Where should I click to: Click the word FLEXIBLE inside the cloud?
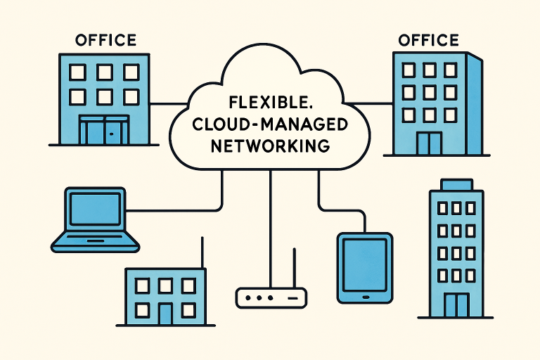pos(269,101)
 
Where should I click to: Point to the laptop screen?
pos(95,209)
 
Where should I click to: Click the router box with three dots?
pos(271,298)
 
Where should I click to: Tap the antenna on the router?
pos(295,271)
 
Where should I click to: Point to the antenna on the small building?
pos(202,253)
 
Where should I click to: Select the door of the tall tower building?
pos(457,305)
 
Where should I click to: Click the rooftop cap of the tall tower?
pos(456,184)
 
